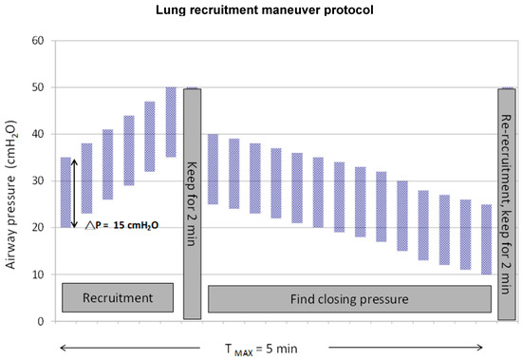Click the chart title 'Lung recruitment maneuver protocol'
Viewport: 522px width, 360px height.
[x=261, y=10]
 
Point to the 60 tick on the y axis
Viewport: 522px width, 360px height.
[x=39, y=41]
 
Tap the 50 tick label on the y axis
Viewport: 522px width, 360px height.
[x=39, y=87]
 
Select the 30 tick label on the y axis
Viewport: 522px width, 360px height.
[x=39, y=181]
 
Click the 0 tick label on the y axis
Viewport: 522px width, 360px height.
[x=42, y=322]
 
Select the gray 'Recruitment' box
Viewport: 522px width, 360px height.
[x=117, y=297]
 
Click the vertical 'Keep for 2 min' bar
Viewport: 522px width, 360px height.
[x=192, y=203]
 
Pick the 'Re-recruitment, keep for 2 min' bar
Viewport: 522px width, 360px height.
[x=507, y=203]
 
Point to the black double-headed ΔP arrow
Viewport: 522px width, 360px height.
[x=74, y=193]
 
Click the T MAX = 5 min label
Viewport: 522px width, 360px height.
[x=259, y=348]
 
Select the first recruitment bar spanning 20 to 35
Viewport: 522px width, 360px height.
[x=65, y=193]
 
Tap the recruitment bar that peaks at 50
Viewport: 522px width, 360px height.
[x=171, y=122]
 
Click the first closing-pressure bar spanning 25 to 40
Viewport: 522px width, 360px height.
[x=213, y=169]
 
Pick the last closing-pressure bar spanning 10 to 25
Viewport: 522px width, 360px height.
[x=487, y=239]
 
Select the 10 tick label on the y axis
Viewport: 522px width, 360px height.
[x=39, y=275]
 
